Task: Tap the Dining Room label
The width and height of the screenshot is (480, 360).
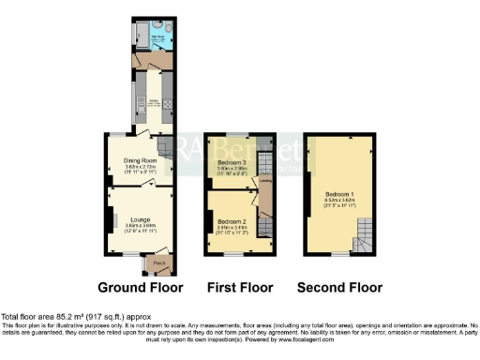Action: [139, 160]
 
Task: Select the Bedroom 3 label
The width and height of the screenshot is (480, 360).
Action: [231, 161]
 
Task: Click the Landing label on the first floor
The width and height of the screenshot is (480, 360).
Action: [265, 181]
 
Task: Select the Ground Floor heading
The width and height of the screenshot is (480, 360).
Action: [140, 287]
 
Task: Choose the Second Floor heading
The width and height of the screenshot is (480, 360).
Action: [338, 287]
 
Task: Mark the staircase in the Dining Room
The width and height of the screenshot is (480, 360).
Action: [166, 147]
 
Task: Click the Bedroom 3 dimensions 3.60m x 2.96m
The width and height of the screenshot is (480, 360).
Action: [231, 169]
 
